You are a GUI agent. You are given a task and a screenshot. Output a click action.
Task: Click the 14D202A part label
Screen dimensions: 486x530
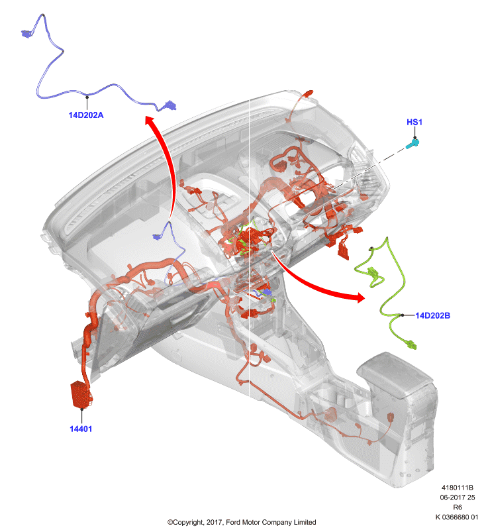point(86,115)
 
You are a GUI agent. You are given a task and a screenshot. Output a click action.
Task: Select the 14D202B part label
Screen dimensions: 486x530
point(432,315)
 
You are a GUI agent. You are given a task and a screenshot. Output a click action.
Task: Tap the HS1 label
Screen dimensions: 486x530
point(414,122)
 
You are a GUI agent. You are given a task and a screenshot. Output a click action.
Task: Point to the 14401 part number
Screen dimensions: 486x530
point(81,429)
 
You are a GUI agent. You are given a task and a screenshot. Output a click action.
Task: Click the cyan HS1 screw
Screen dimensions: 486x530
point(412,144)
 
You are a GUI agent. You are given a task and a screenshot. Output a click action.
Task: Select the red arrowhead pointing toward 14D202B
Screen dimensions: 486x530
point(359,297)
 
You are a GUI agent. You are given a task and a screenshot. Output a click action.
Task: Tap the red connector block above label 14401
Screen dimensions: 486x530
point(81,394)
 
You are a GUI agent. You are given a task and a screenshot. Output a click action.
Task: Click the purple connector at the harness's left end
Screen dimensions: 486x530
point(26,33)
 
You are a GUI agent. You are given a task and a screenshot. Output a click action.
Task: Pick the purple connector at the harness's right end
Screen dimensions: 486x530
point(170,105)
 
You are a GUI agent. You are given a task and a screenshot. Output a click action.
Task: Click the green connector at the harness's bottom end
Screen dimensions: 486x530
point(411,344)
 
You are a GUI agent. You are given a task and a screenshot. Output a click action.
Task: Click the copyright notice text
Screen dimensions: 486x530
point(242,522)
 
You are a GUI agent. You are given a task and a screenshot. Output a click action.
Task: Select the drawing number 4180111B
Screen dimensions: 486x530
point(458,488)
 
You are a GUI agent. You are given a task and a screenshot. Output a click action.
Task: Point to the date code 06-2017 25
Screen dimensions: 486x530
point(458,498)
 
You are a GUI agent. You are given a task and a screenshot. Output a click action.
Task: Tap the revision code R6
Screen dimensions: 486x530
point(458,507)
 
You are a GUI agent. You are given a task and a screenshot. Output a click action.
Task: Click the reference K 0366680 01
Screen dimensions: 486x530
point(457,517)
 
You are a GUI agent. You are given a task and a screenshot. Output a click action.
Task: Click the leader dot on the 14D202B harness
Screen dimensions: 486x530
point(402,315)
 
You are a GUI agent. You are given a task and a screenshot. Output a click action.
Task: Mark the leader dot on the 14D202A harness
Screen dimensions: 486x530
point(87,97)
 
